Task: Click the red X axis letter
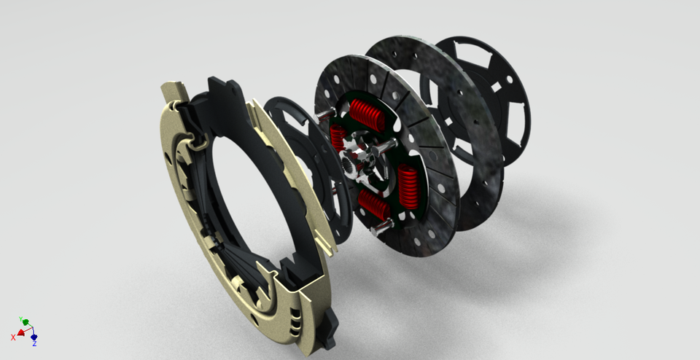(x=13, y=337)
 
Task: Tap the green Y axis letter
(x=20, y=319)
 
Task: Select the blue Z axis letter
(x=34, y=343)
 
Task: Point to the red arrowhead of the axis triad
(x=20, y=333)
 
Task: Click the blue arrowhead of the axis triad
(x=34, y=337)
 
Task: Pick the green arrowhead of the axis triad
(x=26, y=322)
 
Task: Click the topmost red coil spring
(x=367, y=114)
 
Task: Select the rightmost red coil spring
(x=408, y=186)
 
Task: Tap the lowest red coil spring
(x=374, y=205)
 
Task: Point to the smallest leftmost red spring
(x=337, y=137)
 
